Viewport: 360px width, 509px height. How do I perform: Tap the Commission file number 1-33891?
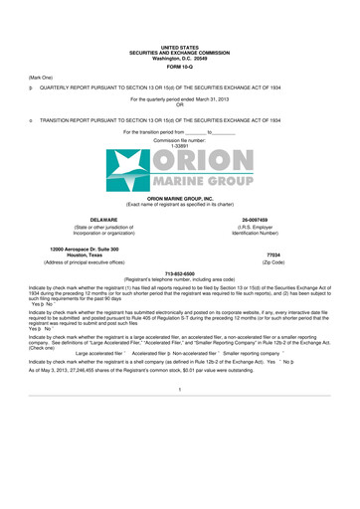click(x=180, y=145)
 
